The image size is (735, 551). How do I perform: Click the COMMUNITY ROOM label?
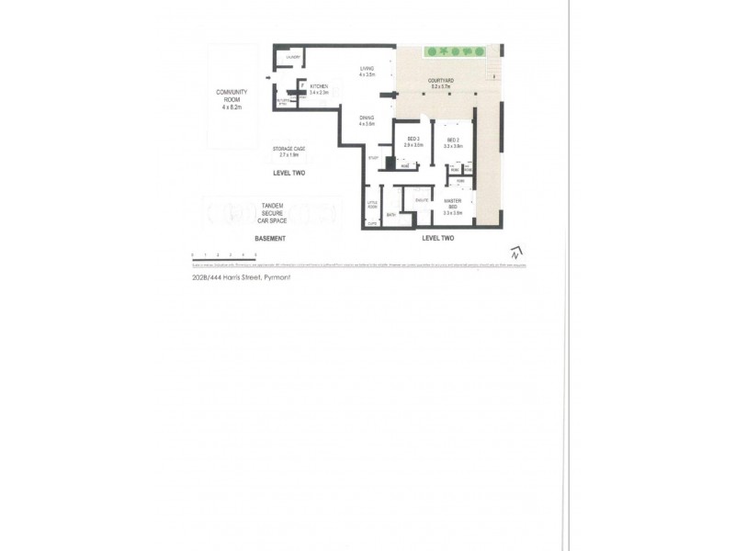pos(231,96)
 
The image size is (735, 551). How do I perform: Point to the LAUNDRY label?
pos(294,58)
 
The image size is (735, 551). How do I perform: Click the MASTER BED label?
pos(452,204)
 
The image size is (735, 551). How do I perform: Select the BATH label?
pos(390,216)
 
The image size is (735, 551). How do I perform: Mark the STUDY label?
pos(372,158)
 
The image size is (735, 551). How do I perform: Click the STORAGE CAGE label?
pos(288,151)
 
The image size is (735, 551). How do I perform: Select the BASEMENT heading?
pos(272,238)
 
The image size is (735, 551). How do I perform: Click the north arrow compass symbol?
pos(517,251)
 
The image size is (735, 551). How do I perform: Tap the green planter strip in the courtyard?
pos(453,51)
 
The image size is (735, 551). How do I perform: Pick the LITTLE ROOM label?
pos(372,206)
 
